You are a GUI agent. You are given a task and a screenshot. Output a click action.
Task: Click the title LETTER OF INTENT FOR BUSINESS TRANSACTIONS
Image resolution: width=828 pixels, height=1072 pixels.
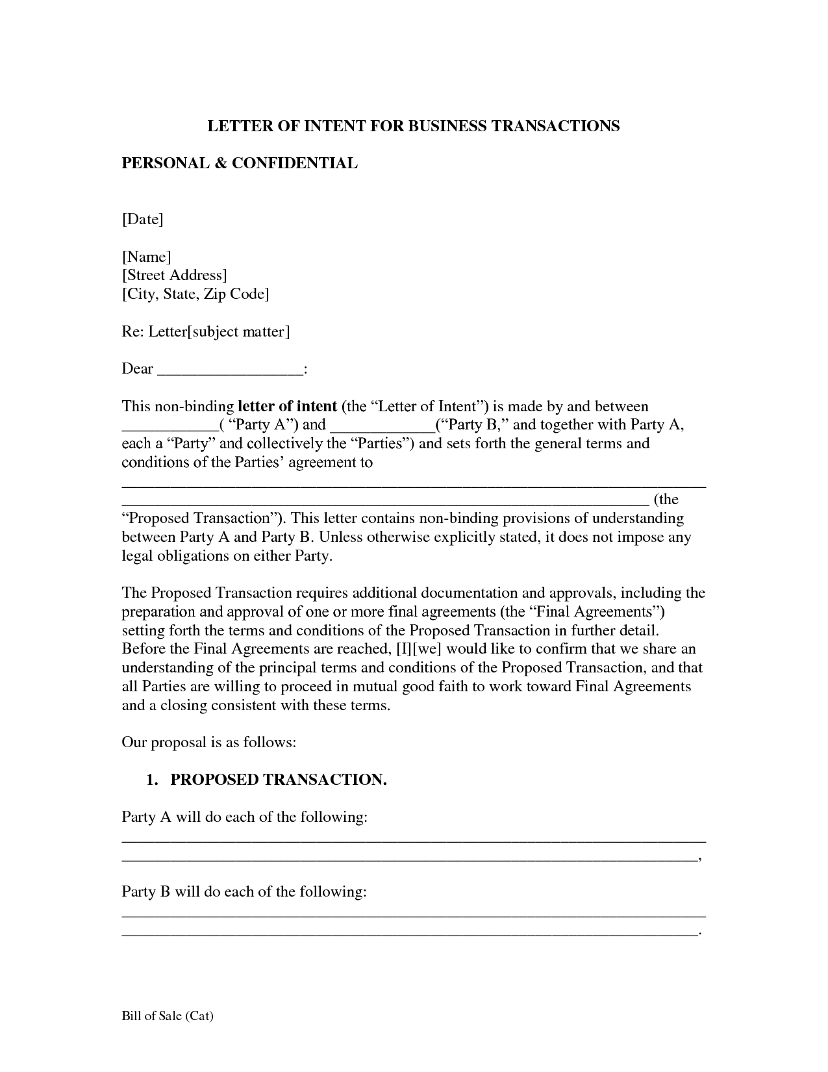413,125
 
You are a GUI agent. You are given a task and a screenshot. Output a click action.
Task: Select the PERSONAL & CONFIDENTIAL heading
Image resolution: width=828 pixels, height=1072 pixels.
240,163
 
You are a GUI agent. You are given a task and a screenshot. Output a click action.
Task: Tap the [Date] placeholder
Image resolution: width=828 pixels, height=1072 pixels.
143,219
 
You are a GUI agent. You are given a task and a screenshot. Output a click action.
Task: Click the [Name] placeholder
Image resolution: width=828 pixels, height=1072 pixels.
147,257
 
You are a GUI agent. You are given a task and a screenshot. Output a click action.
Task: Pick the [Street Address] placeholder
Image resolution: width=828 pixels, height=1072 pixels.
175,275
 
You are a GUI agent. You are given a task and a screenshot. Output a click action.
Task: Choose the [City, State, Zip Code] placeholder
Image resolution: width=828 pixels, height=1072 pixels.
195,294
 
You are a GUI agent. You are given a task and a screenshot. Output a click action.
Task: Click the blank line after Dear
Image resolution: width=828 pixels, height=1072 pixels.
231,370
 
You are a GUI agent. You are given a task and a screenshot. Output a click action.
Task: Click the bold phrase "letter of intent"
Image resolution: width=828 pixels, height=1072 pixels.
287,407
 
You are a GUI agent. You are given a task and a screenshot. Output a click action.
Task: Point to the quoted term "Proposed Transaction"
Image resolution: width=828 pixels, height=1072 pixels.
203,518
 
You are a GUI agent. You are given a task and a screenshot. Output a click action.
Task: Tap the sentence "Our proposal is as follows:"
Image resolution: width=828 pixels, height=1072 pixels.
209,743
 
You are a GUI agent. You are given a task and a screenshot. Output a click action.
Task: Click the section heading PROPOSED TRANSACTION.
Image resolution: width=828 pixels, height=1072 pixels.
279,780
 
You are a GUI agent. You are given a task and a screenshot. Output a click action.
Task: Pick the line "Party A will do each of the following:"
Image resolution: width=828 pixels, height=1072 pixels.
245,817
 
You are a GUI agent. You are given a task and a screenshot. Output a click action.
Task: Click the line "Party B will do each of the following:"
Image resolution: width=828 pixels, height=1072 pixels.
244,892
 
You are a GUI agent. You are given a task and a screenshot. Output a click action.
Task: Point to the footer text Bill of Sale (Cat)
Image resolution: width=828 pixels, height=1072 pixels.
168,1016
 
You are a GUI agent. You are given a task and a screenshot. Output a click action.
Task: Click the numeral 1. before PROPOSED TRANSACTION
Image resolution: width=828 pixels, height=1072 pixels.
153,780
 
